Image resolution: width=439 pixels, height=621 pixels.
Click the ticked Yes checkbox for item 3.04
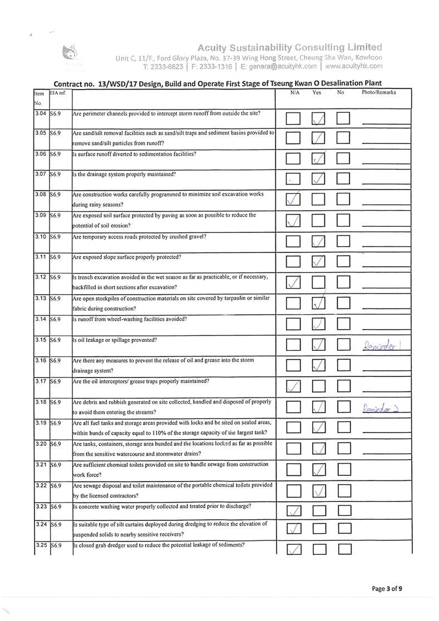pyautogui.click(x=319, y=118)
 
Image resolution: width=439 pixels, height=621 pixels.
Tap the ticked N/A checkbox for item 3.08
pyautogui.click(x=295, y=198)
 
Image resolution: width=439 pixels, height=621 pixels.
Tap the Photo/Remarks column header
pyautogui.click(x=378, y=93)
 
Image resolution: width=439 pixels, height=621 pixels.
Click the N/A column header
pyautogui.click(x=295, y=93)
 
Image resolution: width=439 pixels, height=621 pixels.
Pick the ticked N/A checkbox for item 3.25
pyautogui.click(x=295, y=550)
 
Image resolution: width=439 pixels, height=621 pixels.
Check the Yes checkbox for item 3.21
pyautogui.click(x=319, y=470)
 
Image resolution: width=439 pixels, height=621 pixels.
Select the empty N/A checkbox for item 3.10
pyautogui.click(x=295, y=241)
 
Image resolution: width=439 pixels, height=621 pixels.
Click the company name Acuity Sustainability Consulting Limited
pyautogui.click(x=290, y=47)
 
